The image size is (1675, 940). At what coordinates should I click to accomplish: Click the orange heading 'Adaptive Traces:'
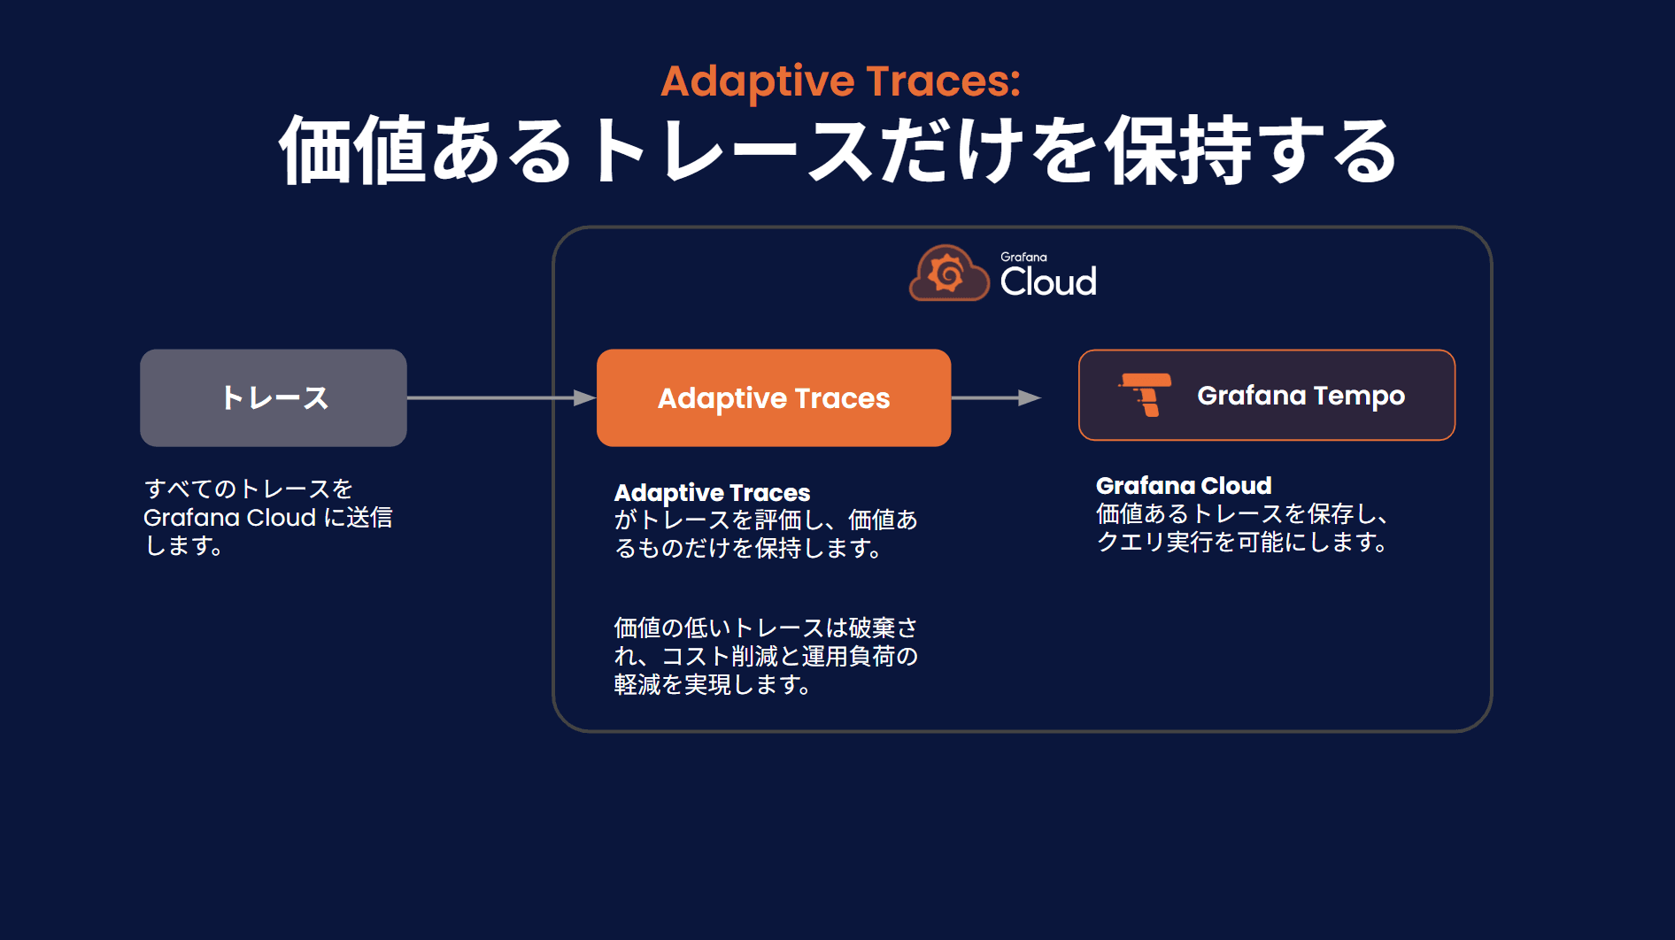click(840, 81)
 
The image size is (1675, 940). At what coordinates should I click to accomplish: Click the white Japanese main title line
click(837, 150)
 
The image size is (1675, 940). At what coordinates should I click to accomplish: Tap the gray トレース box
click(274, 397)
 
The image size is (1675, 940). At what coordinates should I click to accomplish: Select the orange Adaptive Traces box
click(774, 397)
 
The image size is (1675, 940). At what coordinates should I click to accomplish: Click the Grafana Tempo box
click(1267, 395)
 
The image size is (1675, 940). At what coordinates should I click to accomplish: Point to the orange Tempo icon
click(1146, 395)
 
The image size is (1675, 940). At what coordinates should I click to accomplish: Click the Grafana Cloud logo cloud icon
click(949, 273)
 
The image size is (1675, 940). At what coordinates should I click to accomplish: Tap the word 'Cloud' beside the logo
click(1048, 281)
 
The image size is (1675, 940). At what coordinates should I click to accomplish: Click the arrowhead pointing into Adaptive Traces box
click(584, 397)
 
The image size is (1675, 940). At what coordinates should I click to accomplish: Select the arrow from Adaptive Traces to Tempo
click(996, 397)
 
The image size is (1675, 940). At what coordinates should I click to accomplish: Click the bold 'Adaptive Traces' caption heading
click(712, 492)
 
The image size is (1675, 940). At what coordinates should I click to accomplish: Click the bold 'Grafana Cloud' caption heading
click(1184, 485)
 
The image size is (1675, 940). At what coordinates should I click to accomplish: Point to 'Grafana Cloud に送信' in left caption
click(267, 517)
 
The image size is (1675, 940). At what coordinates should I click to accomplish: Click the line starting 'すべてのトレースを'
click(249, 489)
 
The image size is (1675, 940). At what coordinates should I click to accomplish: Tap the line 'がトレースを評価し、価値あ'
click(766, 520)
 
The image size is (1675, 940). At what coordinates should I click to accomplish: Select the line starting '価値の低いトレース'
click(766, 628)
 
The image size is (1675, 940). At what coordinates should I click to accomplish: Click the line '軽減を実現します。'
click(713, 684)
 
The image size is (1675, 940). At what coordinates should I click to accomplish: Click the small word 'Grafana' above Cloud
click(1023, 257)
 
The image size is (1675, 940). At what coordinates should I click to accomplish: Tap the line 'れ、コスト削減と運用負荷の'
click(766, 656)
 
